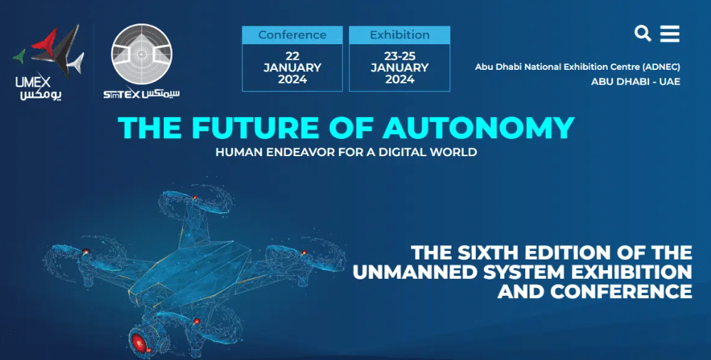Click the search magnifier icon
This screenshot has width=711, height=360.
643,34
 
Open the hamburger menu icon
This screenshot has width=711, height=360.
670,34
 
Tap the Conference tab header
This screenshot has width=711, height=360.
292,35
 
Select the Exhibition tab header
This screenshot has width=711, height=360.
400,35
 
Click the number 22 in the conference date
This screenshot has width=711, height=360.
293,56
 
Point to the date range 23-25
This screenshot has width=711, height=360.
400,56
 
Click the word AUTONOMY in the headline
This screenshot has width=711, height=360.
479,128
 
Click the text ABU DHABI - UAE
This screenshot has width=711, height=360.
635,82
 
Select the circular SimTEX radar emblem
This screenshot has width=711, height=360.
142,54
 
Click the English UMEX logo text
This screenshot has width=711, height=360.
33,82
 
